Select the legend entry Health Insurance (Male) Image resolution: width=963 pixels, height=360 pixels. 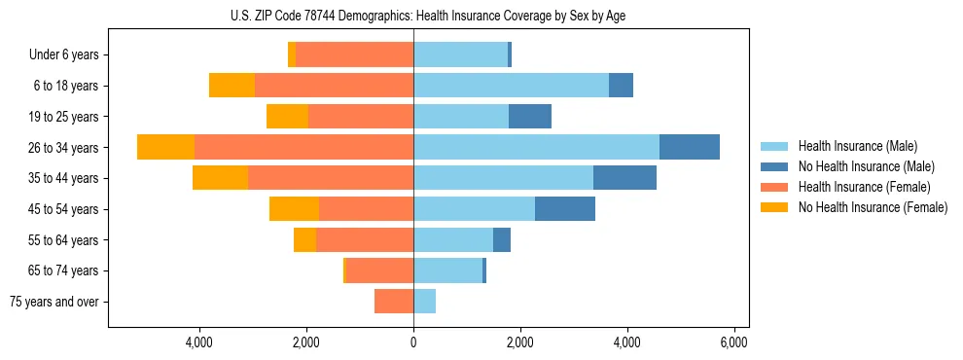point(857,146)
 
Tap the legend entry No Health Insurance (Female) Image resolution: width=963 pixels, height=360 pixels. point(873,207)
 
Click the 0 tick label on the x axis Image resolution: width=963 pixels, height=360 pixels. point(413,342)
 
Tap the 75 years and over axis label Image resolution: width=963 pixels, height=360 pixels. point(54,302)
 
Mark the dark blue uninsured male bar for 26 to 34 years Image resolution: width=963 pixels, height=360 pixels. point(689,147)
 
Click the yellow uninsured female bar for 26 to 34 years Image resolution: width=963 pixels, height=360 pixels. point(165,147)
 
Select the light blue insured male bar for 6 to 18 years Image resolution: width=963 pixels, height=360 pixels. point(511,86)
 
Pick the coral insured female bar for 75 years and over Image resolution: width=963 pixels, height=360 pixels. point(394,302)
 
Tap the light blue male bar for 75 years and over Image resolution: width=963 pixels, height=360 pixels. point(424,302)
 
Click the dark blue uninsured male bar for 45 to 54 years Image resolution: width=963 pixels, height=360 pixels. point(564,209)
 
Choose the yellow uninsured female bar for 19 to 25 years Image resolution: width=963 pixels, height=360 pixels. point(287,117)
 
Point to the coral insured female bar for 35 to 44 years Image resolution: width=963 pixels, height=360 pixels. point(331,178)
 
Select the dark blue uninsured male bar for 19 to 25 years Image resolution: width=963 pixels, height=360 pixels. point(529,117)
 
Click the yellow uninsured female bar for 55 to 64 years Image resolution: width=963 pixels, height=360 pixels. point(304,240)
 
